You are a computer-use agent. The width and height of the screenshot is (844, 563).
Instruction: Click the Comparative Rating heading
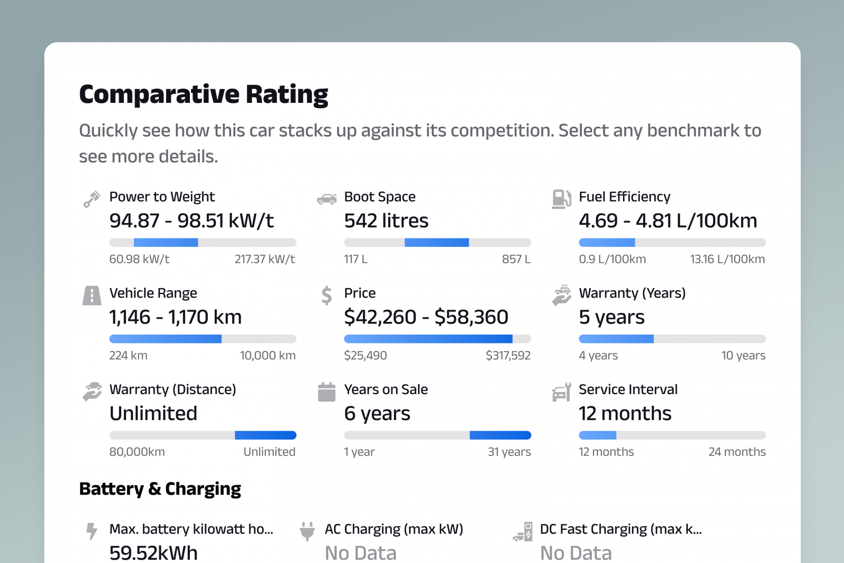[x=204, y=95]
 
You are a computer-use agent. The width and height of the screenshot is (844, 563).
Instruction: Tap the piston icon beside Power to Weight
[x=92, y=199]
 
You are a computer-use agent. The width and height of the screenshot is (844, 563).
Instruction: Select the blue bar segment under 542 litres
[x=436, y=243]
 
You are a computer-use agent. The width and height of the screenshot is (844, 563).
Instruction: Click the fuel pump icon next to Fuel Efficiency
[x=561, y=199]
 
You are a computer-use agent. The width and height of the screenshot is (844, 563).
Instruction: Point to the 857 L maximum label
[x=516, y=259]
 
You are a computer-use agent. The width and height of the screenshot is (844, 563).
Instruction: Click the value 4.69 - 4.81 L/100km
[x=667, y=221]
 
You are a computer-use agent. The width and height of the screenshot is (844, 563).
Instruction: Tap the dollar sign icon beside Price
[x=327, y=295]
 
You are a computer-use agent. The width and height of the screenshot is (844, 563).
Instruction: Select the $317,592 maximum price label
[x=507, y=356]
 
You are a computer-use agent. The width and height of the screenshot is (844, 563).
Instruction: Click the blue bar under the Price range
[x=428, y=339]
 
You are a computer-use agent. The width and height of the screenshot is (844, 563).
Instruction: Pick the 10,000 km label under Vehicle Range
[x=267, y=356]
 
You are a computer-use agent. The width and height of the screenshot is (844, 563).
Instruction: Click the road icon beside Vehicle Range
[x=92, y=295]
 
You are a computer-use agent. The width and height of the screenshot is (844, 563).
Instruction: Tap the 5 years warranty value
[x=611, y=317]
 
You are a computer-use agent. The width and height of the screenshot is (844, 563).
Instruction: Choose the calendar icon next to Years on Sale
[x=327, y=392]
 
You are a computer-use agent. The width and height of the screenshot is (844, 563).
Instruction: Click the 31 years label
[x=509, y=452]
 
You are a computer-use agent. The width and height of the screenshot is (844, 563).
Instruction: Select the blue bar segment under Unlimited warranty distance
[x=265, y=435]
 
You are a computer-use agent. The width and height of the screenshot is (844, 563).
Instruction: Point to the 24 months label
[x=736, y=452]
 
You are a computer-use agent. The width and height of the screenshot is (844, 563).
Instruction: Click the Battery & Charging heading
[x=160, y=489]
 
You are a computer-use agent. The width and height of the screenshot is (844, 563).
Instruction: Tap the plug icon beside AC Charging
[x=307, y=531]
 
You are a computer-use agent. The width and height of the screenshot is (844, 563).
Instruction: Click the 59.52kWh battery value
[x=154, y=552]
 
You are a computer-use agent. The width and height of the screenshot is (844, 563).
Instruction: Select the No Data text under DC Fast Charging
[x=576, y=552]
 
